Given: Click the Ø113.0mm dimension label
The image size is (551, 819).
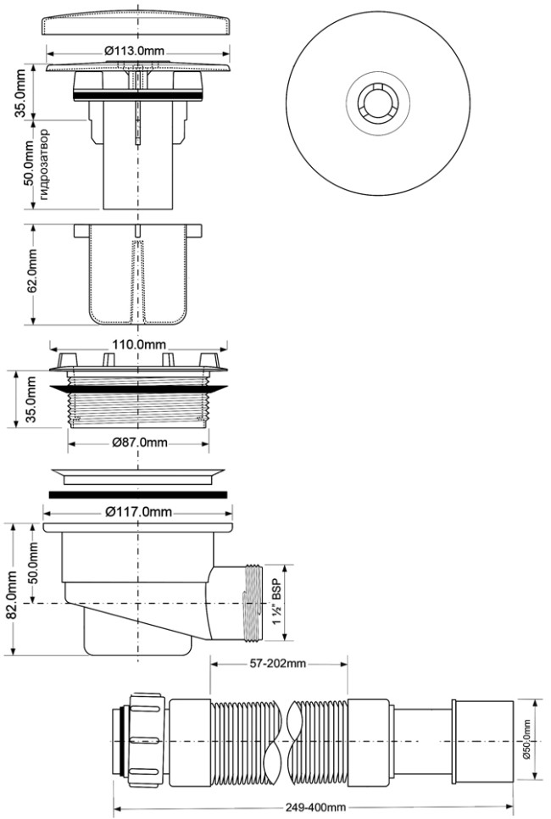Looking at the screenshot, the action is click(x=134, y=51).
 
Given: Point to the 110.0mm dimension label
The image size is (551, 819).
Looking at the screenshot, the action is click(x=139, y=345).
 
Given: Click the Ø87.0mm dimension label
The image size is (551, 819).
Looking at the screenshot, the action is click(x=140, y=443).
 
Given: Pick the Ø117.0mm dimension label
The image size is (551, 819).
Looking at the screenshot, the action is click(x=138, y=512).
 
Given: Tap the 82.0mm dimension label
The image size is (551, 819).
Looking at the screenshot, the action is click(x=11, y=593).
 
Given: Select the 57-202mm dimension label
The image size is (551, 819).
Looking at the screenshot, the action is click(x=278, y=664).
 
